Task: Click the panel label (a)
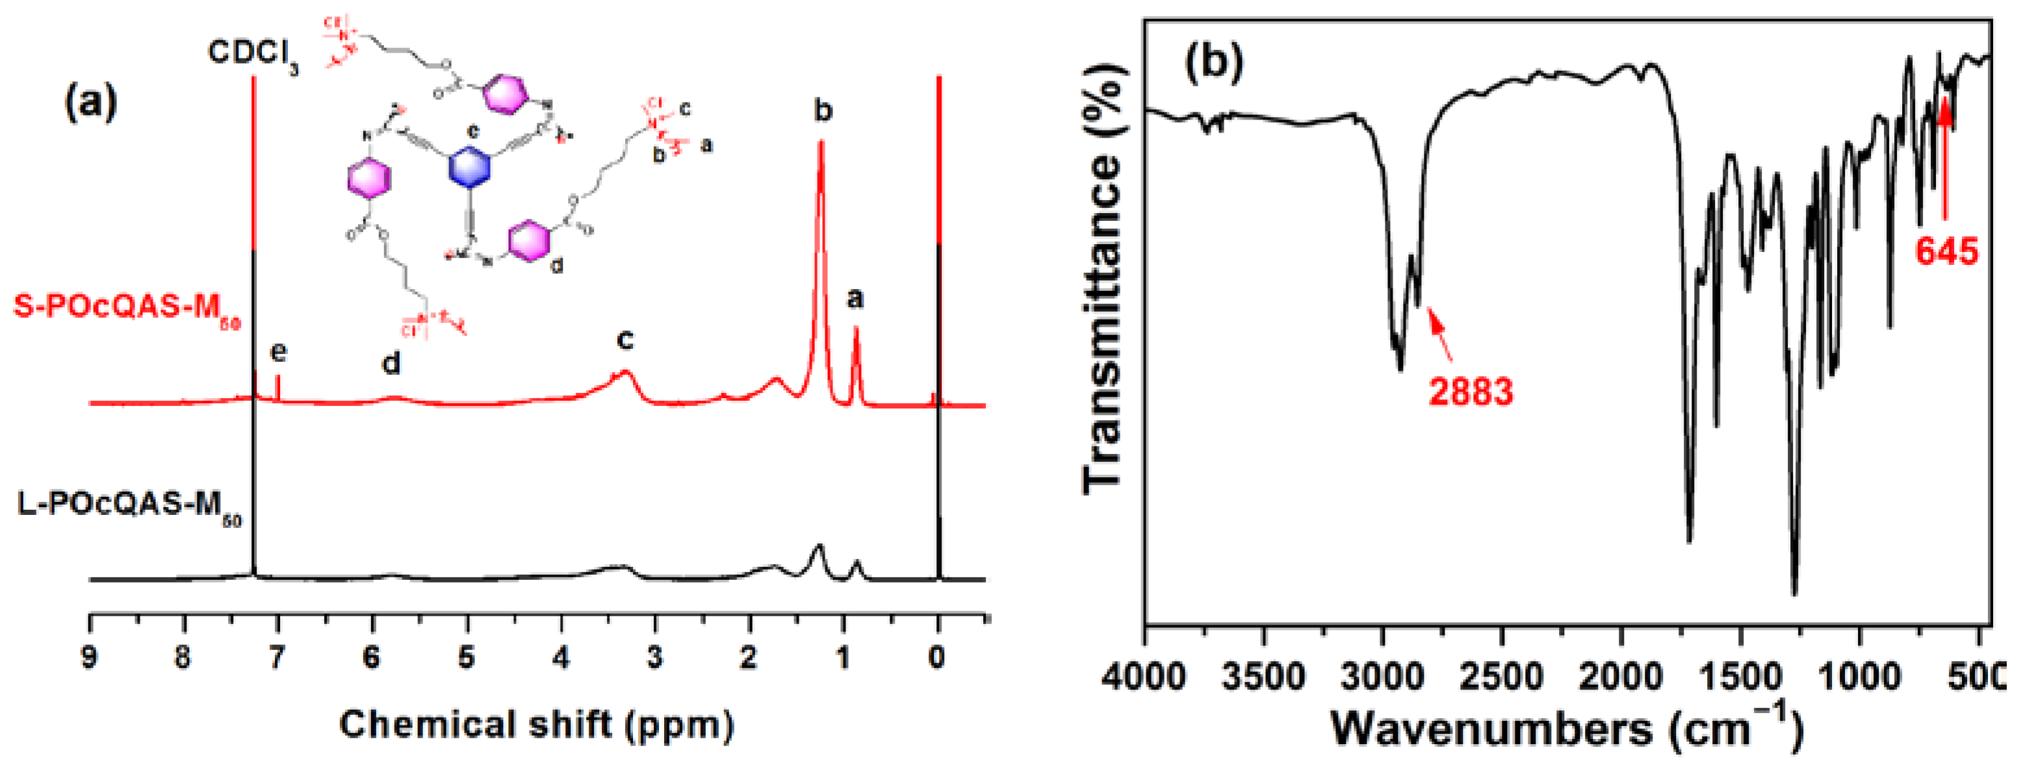point(90,103)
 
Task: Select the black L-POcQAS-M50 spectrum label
point(129,505)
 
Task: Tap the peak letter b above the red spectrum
point(821,112)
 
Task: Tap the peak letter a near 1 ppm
point(855,298)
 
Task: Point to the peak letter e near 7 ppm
point(278,352)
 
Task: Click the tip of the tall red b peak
point(821,144)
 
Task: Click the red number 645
point(1946,251)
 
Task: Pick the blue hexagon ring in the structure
point(469,167)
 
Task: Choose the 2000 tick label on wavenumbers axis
point(1620,677)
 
